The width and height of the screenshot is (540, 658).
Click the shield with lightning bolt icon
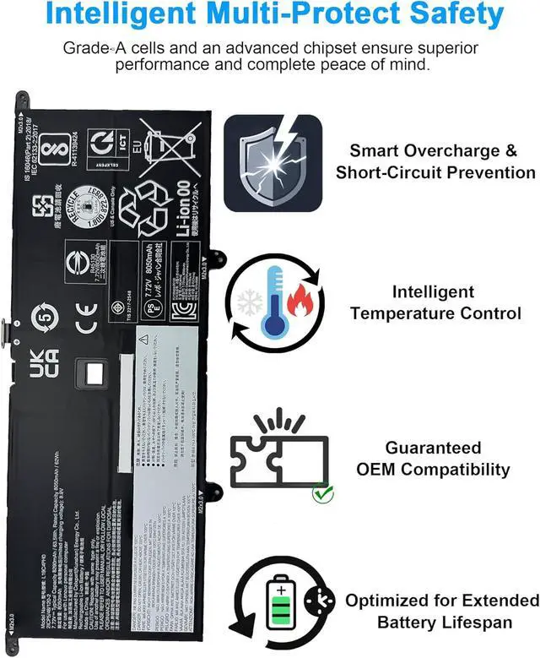pos(273,160)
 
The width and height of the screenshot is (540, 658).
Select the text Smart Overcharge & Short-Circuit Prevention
pos(435,161)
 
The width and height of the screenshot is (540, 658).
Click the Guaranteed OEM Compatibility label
pos(435,459)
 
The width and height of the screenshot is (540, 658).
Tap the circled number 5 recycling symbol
pos(46,320)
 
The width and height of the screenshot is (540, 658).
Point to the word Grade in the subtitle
pos(83,48)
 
